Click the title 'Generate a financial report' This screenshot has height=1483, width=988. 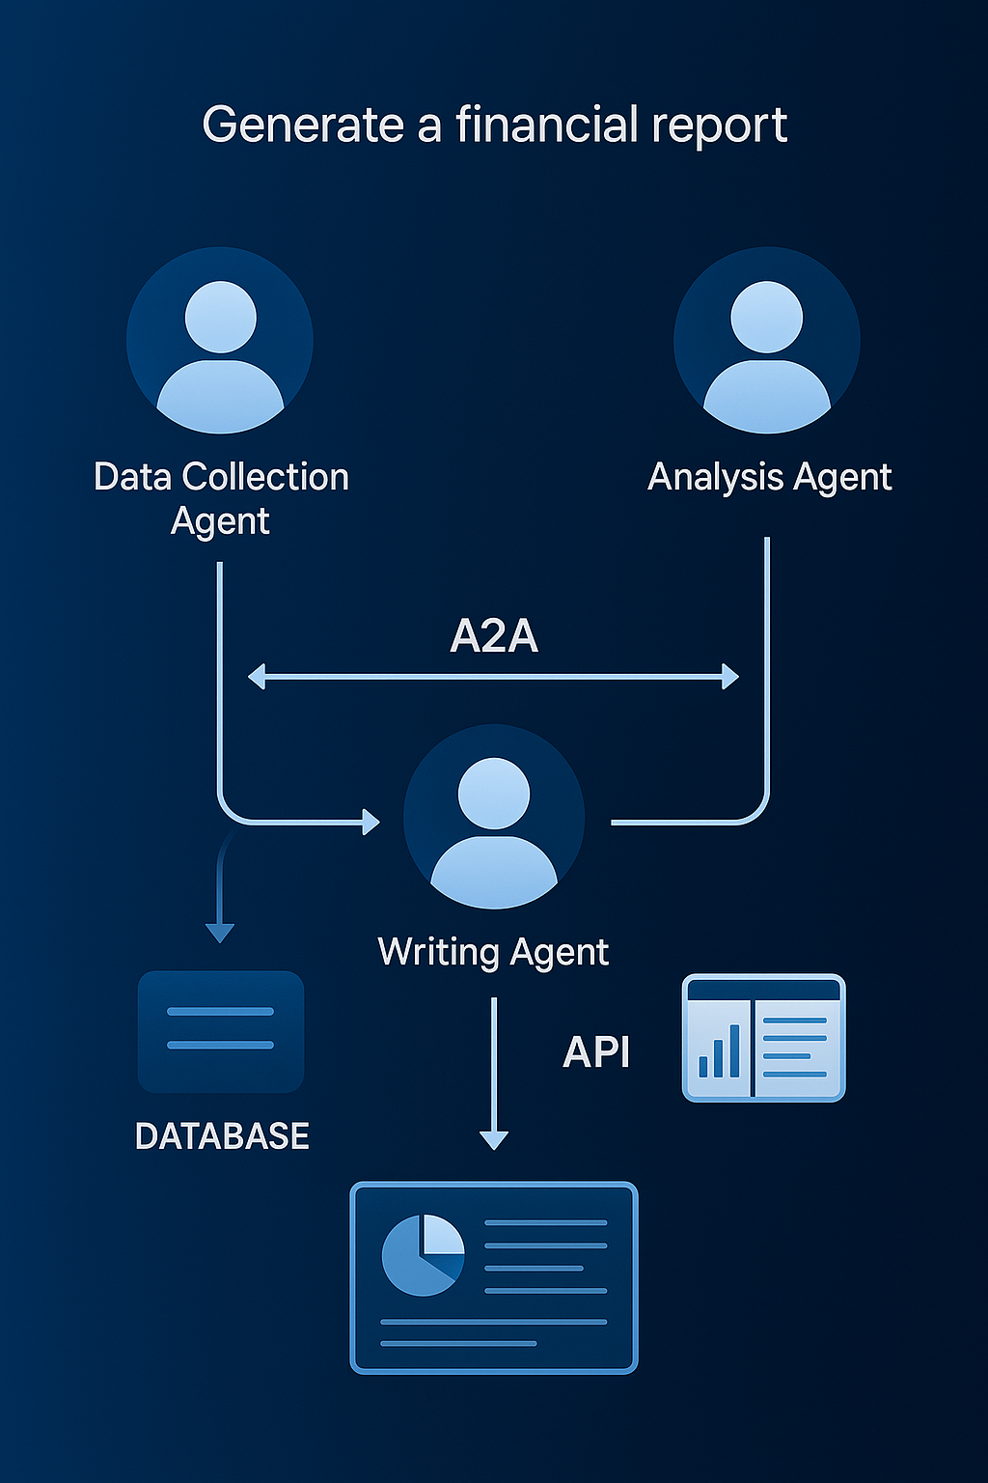[494, 126]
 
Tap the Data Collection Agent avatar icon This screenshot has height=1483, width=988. [220, 341]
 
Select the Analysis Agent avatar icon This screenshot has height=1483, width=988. [767, 341]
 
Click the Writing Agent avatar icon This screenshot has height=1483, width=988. [494, 817]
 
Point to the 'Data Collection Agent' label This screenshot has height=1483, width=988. [221, 498]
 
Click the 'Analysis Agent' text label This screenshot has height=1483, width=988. [769, 477]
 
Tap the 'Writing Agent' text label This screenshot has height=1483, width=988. [493, 952]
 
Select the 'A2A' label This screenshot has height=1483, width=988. [494, 636]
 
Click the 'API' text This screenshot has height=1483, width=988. [596, 1052]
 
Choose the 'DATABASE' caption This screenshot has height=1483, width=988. [222, 1136]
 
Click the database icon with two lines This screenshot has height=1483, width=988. [221, 1031]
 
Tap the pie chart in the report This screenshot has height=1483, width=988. [423, 1254]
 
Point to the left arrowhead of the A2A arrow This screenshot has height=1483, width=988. [257, 677]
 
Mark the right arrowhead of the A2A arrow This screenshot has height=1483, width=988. [730, 677]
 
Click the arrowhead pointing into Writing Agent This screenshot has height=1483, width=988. [370, 822]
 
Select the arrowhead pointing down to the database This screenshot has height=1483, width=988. [220, 933]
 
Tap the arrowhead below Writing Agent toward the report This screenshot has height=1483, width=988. [494, 1139]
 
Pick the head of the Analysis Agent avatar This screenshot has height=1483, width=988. [767, 317]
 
